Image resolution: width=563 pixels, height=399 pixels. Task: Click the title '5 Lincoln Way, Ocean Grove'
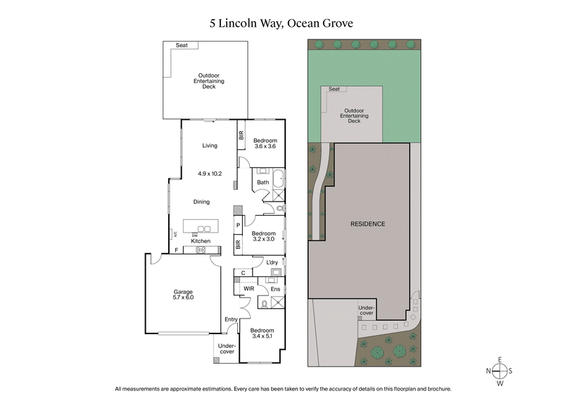click(x=281, y=23)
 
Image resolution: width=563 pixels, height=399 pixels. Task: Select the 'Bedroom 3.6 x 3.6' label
click(x=265, y=144)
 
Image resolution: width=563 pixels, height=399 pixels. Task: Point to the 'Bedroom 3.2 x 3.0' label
click(x=264, y=236)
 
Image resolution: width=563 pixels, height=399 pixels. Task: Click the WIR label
click(x=248, y=288)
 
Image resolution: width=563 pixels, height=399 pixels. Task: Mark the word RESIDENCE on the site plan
click(x=368, y=223)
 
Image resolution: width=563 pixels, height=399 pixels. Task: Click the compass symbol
click(x=500, y=372)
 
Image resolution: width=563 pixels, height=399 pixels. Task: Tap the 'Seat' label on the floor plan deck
click(x=182, y=45)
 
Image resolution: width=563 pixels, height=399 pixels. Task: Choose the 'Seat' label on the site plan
click(x=334, y=90)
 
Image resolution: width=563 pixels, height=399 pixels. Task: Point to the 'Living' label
click(x=210, y=146)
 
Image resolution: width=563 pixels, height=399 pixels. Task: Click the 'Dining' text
click(x=202, y=202)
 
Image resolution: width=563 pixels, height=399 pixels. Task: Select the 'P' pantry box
click(x=239, y=226)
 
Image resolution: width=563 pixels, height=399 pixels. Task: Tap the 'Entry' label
click(x=231, y=319)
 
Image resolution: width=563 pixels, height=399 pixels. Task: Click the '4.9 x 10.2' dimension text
click(x=210, y=173)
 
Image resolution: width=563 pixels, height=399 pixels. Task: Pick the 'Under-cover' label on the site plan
click(x=366, y=311)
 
